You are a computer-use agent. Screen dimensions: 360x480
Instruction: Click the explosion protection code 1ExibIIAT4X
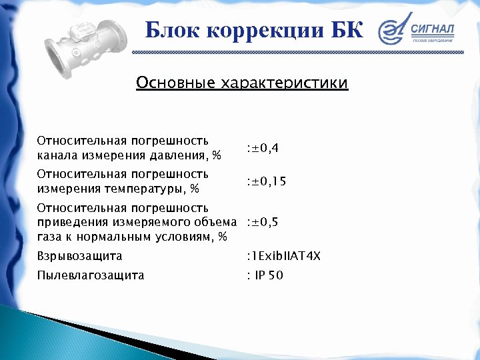click(x=283, y=255)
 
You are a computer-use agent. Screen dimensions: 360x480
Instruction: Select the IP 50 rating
click(x=267, y=275)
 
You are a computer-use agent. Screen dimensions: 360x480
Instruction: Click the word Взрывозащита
click(x=79, y=256)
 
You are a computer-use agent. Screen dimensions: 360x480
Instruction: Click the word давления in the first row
click(x=180, y=155)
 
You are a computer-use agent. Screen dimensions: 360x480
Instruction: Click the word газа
click(x=50, y=237)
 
